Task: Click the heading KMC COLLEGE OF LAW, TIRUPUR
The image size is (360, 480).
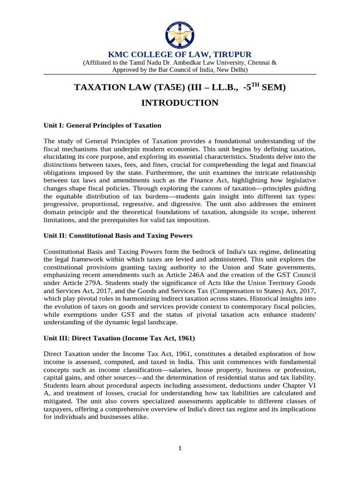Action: point(180,54)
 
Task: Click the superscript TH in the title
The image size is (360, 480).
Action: point(254,84)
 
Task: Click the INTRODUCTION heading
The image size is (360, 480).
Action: point(180,103)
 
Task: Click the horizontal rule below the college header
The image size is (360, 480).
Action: point(180,74)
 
